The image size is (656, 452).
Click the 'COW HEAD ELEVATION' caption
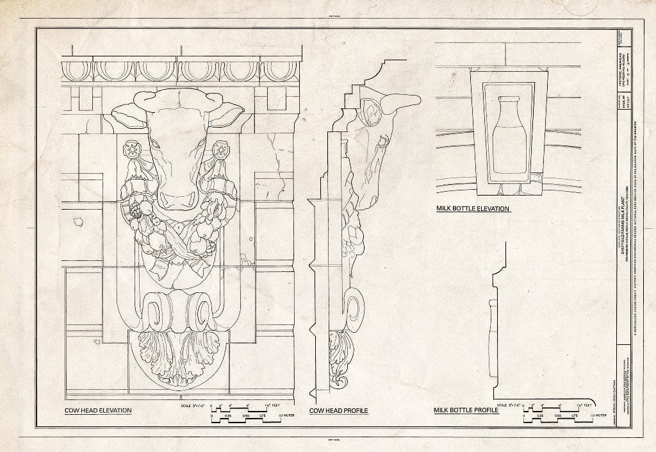(98, 410)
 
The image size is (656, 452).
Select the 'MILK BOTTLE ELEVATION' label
(473, 208)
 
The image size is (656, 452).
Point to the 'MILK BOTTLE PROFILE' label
(466, 410)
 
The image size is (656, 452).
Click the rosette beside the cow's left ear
(133, 149)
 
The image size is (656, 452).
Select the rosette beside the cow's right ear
(221, 149)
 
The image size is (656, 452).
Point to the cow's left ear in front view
(128, 115)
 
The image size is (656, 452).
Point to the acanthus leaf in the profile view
(340, 359)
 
